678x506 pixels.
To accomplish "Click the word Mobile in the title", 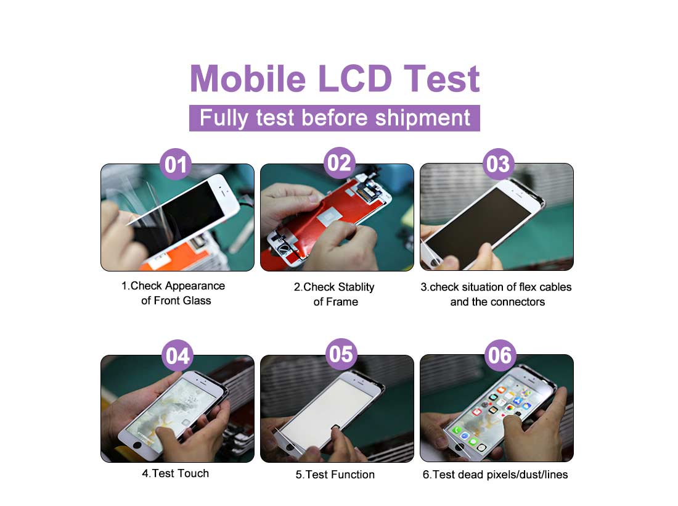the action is (248, 78).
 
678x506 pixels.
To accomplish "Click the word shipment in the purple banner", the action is (422, 118).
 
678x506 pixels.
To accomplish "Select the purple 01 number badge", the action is (176, 165).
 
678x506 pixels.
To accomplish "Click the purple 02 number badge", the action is (340, 163).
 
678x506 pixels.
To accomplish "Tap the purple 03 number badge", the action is (498, 164).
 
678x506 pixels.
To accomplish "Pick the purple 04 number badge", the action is (178, 356).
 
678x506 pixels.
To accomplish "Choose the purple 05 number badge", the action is (341, 354).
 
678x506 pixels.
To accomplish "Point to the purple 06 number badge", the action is (500, 355).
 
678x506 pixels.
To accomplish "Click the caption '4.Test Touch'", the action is (176, 473).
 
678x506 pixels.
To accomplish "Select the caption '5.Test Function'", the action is (335, 475).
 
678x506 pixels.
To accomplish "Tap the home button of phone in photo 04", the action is (137, 444).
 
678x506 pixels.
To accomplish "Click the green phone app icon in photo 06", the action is (457, 430).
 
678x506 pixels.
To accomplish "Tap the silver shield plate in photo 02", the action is (330, 219).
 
